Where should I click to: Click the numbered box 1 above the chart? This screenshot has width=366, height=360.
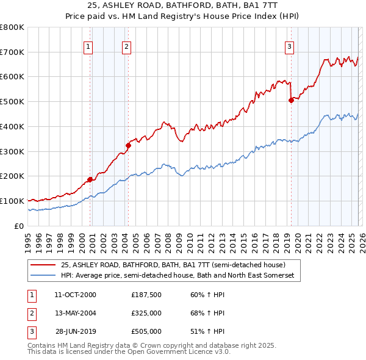[88, 46]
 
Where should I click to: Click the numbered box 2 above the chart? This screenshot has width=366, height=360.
[126, 46]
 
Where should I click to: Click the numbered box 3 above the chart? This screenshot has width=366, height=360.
[289, 46]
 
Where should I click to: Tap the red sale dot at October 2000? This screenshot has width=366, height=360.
[90, 179]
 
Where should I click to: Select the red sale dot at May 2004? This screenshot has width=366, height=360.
[128, 145]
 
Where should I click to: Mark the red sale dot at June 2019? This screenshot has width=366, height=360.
[291, 101]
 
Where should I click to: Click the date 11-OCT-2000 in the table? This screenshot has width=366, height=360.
[75, 295]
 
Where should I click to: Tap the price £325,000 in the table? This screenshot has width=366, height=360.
[146, 313]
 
